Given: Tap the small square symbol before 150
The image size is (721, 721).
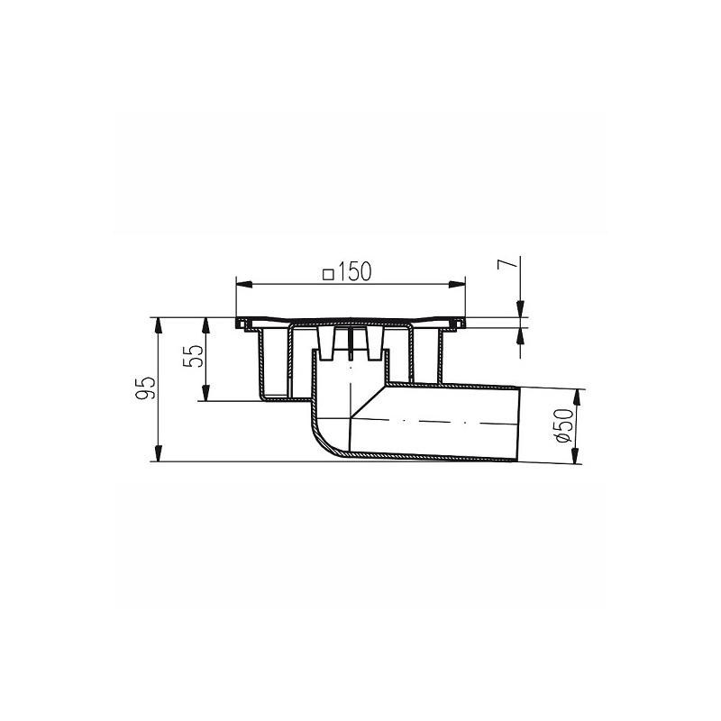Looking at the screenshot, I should tap(329, 273).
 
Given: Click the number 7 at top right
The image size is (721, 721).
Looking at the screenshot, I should tap(509, 264).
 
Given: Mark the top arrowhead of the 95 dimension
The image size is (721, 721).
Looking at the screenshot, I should tap(159, 323).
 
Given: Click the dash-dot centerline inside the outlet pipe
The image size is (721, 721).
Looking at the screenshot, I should tap(433, 421).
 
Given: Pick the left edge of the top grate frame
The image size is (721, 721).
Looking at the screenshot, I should tap(239, 323).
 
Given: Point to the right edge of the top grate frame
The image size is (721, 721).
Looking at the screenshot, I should tap(466, 323).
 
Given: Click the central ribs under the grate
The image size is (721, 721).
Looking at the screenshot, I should tap(351, 345).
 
